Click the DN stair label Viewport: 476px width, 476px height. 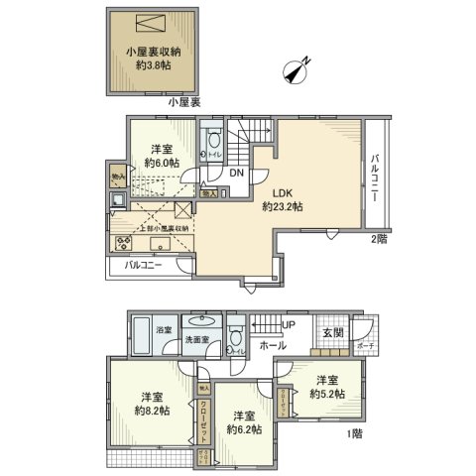tap(237, 173)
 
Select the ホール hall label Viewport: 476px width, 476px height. tap(274, 345)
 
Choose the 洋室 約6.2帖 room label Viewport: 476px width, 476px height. tap(242, 422)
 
